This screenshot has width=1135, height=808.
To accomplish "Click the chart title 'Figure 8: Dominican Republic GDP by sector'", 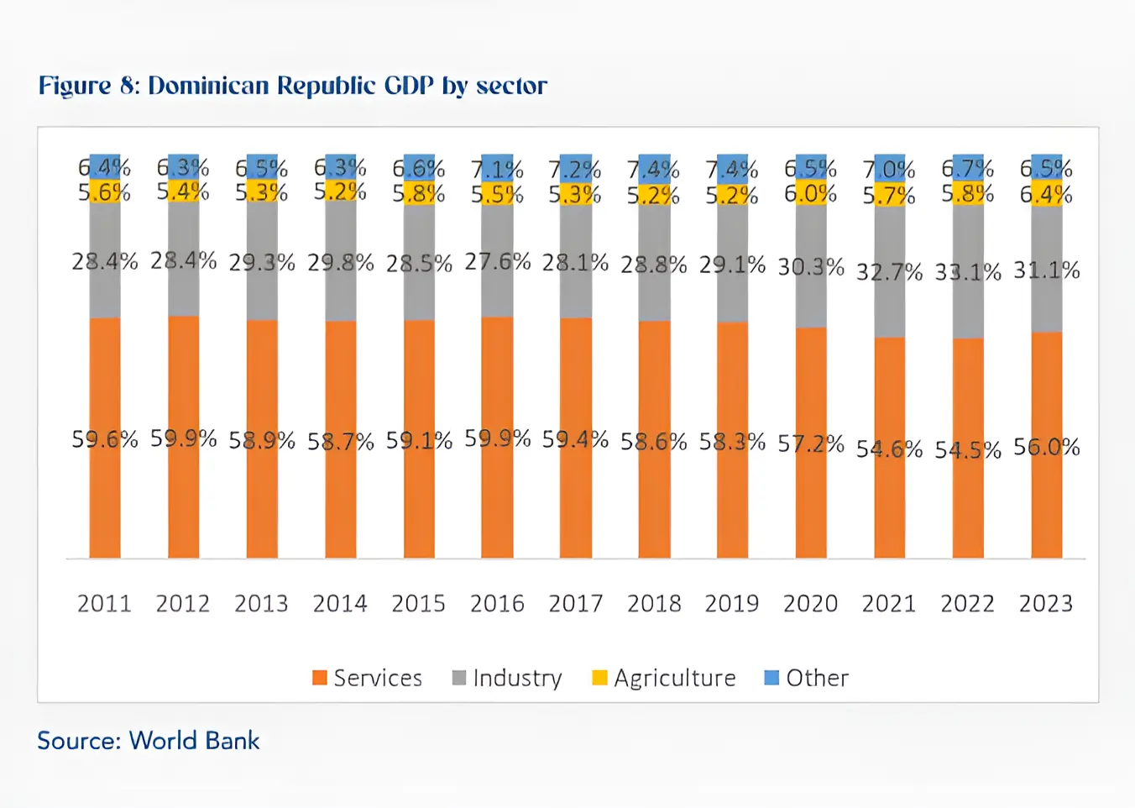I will [292, 86].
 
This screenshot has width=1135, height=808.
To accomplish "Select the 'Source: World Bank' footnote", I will [148, 741].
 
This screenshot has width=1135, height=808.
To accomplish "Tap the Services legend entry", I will [367, 678].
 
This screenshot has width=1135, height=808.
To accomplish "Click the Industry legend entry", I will [507, 678].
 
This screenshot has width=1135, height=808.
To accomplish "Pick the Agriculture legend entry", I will [664, 678].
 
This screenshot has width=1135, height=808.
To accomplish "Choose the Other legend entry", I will [807, 678].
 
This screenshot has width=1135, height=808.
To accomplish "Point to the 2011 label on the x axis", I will [104, 604].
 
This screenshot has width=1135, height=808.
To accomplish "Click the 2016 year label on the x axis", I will [497, 604].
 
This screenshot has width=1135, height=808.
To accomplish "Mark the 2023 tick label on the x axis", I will [1046, 604].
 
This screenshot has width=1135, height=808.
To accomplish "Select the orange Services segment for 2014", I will [340, 504].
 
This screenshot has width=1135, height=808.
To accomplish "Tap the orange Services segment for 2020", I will [811, 504].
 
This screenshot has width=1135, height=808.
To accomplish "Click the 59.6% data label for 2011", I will [104, 439].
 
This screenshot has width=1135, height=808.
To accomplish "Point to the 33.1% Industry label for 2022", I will [968, 272].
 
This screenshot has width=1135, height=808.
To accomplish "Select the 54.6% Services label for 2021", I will [889, 449].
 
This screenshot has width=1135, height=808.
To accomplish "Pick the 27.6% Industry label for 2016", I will [497, 262].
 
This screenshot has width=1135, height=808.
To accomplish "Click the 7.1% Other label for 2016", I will [497, 169].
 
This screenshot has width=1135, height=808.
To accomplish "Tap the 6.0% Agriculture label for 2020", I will [811, 194].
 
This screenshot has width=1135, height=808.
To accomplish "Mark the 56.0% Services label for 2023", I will [1046, 447].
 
